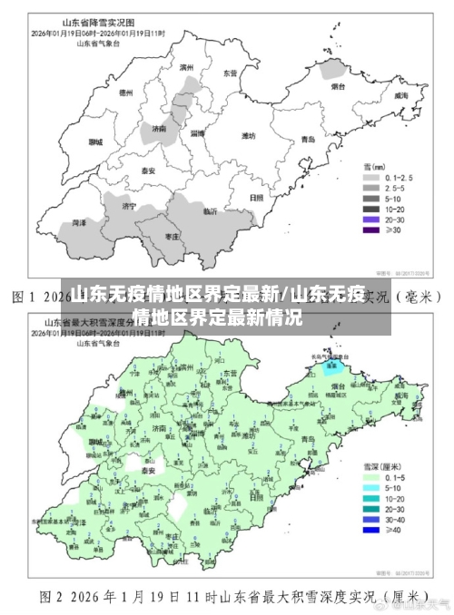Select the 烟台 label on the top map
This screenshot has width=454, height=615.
[x=337, y=87]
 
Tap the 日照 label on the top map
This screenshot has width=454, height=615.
[x=256, y=196]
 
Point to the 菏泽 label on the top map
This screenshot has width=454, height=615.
[x=80, y=221]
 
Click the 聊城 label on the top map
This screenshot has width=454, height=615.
[x=95, y=142]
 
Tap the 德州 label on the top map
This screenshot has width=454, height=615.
[x=126, y=92]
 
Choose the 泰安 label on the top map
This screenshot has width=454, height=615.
[x=147, y=170]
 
